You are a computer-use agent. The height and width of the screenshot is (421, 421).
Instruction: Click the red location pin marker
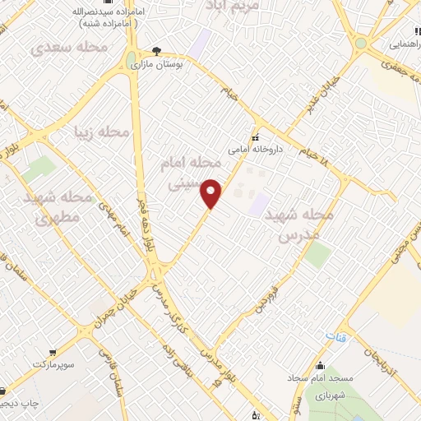211,193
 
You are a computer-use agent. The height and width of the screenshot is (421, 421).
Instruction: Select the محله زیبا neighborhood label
102,132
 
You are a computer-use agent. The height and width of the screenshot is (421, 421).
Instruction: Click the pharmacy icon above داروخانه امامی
255,137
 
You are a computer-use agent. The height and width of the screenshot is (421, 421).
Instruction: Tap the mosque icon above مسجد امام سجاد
321,368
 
